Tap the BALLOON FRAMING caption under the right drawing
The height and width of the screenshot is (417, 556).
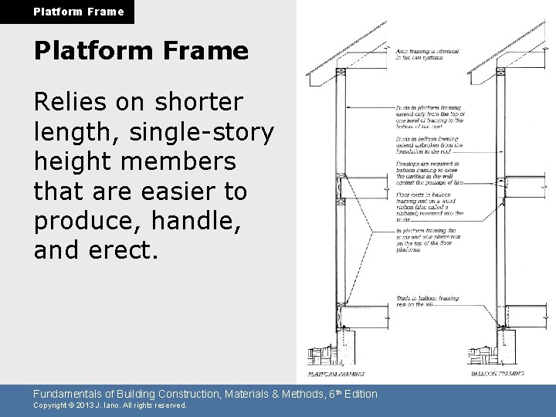tap(498, 375)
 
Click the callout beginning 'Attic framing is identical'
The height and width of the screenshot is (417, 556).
tap(427, 56)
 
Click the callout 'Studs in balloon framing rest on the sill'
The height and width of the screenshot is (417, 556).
tap(428, 301)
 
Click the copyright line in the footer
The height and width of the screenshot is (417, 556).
tap(110, 405)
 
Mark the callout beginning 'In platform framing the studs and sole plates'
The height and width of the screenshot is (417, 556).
tap(428, 239)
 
